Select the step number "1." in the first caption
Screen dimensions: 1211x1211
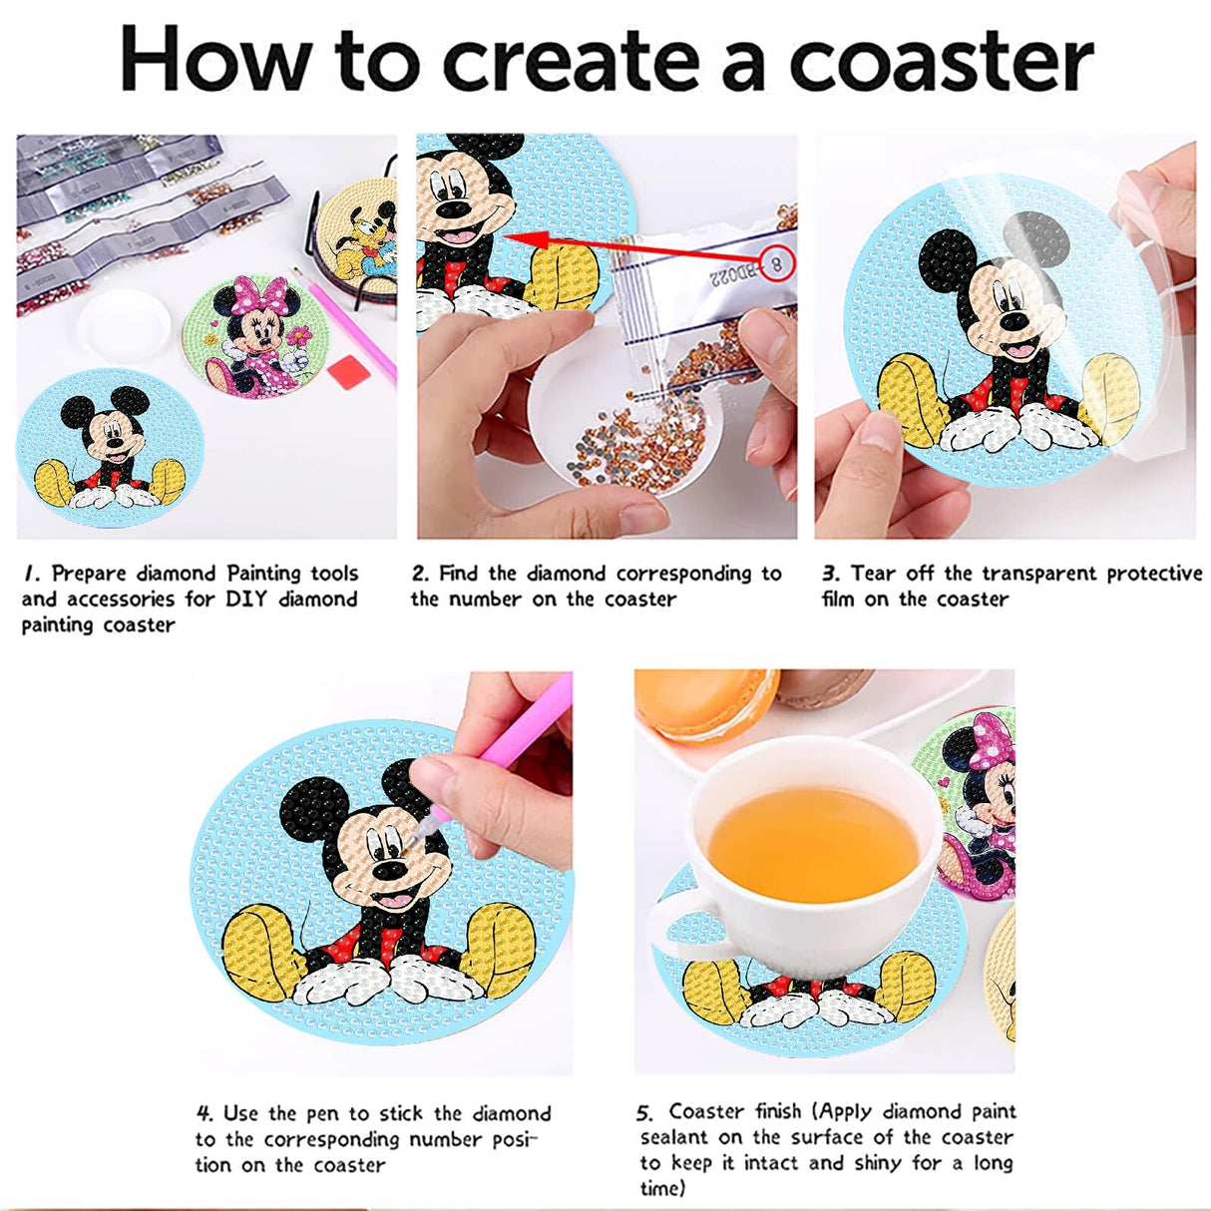click(x=33, y=574)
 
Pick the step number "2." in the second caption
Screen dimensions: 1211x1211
click(x=420, y=574)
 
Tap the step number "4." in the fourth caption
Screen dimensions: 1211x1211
click(x=204, y=1113)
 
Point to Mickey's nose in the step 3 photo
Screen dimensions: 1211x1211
click(x=1013, y=321)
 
